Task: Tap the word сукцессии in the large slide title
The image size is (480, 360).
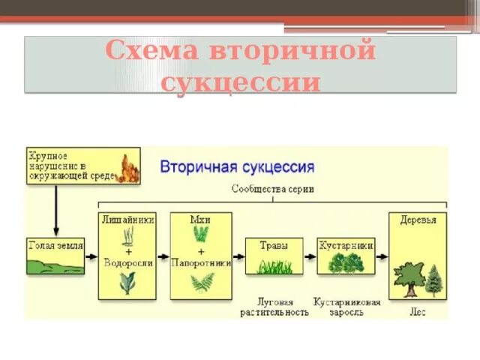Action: click(x=240, y=82)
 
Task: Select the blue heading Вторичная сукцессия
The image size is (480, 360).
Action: click(x=237, y=166)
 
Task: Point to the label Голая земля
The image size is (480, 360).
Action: click(x=55, y=245)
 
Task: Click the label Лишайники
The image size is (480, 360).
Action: click(x=127, y=219)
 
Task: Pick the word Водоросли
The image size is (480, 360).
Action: click(x=127, y=264)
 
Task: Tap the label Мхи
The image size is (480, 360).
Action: click(x=200, y=219)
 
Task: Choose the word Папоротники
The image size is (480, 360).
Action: click(x=201, y=264)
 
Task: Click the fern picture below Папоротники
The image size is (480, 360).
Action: click(x=201, y=283)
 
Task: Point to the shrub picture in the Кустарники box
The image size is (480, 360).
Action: click(x=346, y=262)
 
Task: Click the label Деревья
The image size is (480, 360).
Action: click(x=417, y=219)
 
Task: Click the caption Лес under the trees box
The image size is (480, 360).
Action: click(x=418, y=312)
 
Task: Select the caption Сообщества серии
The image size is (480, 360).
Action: click(x=272, y=190)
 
